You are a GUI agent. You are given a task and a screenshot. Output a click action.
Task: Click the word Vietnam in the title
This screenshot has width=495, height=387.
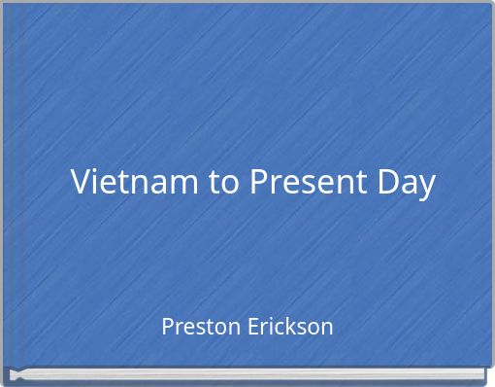134,182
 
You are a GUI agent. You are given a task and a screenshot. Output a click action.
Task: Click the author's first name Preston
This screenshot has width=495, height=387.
196,326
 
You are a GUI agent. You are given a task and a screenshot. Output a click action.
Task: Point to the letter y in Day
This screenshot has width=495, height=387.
425,186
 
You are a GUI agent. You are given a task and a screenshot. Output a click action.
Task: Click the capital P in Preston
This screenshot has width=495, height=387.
167,326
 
